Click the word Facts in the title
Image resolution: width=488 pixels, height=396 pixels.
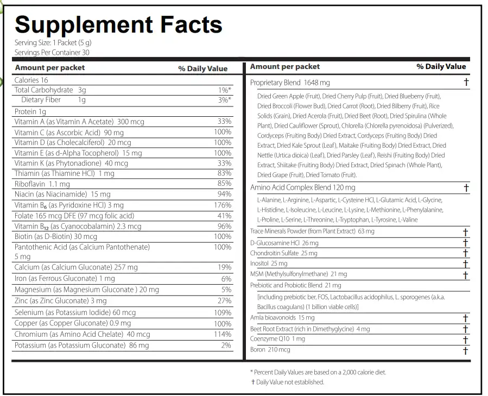coord(191,24)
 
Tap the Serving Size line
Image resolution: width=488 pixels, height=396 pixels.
coord(53,43)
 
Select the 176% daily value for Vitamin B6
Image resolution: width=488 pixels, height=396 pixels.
coord(223,205)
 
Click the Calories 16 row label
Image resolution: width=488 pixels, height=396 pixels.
coord(31,80)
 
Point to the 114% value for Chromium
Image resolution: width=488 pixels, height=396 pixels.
coord(223,334)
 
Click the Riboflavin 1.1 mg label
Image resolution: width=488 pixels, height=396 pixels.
coord(42,184)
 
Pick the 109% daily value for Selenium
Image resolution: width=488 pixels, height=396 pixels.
coord(223,312)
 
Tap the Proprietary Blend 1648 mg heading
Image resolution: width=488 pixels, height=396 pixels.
coord(290,83)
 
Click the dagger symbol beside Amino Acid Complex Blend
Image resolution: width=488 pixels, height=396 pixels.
coord(466,187)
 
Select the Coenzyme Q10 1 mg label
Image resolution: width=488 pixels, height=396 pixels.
coord(277,338)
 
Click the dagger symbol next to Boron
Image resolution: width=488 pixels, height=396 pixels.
coord(466,350)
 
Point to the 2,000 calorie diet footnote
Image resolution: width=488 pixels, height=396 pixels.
coord(319,372)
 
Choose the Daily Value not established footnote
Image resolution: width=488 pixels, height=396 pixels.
coord(288,382)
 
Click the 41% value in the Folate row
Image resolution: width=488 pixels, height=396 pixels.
coord(224,216)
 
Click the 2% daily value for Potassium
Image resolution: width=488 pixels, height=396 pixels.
coord(226,345)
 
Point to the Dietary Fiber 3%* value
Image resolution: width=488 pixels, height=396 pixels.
coord(224,100)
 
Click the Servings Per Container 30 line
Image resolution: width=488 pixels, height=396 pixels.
coord(52,52)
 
